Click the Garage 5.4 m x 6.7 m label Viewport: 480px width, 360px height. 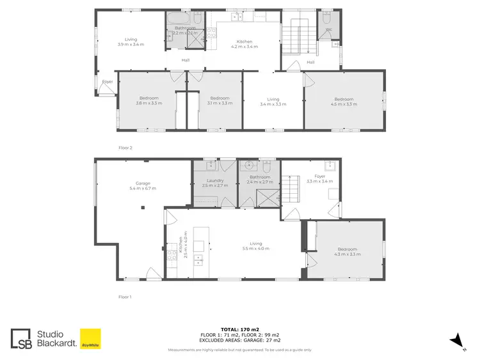pyautogui.click(x=142, y=185)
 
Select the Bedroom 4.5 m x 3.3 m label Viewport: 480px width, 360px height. pyautogui.click(x=344, y=102)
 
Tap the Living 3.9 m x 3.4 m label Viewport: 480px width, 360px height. pyautogui.click(x=131, y=41)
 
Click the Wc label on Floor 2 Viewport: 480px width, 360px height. pyautogui.click(x=328, y=29)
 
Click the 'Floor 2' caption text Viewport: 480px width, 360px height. pyautogui.click(x=125, y=147)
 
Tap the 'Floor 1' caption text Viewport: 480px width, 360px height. pyautogui.click(x=125, y=297)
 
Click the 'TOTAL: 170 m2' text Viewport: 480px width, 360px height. pyautogui.click(x=240, y=329)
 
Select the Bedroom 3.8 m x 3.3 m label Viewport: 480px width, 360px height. pyautogui.click(x=148, y=102)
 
